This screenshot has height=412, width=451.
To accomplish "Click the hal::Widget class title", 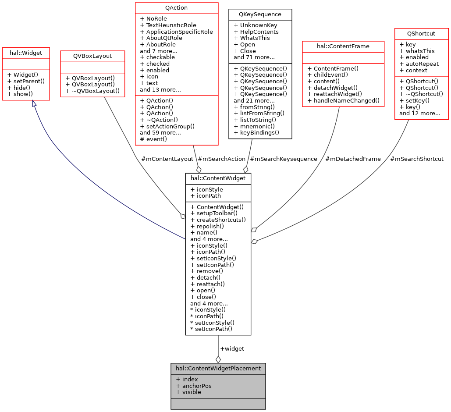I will (x=25, y=53).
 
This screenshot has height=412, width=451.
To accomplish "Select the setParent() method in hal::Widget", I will (x=26, y=81).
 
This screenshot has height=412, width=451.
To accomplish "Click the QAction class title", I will (x=177, y=8).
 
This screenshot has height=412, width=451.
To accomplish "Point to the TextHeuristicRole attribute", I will (x=168, y=25).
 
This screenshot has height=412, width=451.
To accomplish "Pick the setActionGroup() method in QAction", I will (x=167, y=126).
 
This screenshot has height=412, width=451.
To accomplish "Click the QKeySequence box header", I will (x=260, y=14).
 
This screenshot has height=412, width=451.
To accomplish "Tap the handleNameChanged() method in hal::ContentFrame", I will (x=344, y=100).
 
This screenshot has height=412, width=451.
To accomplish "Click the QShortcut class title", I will (x=421, y=33).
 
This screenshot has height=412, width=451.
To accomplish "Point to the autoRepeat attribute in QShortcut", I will (x=416, y=64).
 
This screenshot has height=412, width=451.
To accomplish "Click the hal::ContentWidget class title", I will (x=218, y=178).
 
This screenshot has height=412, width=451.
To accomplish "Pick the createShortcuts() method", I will (x=218, y=220).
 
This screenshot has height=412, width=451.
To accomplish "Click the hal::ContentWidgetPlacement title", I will (x=218, y=368).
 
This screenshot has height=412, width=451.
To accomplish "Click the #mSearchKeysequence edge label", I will (x=283, y=159).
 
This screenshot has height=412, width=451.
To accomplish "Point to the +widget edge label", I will (x=232, y=348).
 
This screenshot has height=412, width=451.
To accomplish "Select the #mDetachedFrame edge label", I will (x=353, y=159).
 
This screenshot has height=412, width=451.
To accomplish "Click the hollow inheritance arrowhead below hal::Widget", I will (x=34, y=104).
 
